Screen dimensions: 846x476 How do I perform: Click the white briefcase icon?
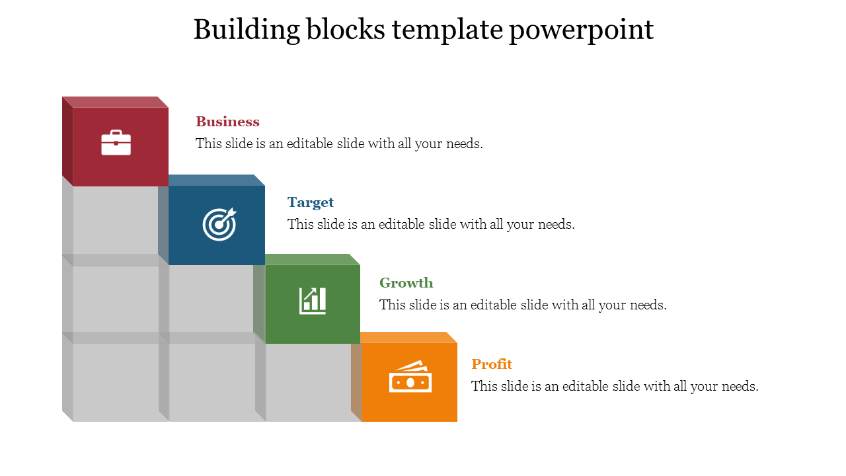point(116,142)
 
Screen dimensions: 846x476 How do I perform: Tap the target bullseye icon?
point(219,224)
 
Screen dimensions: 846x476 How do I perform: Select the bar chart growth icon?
point(313,301)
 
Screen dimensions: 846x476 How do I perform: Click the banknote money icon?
point(410,376)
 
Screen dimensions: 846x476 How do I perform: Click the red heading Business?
point(227,122)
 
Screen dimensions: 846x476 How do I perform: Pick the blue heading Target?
point(311,202)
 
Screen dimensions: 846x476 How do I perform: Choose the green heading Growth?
point(406,283)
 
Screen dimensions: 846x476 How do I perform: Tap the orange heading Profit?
point(492,364)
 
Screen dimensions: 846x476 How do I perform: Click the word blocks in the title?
point(346,29)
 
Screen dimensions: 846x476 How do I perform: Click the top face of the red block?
point(115,102)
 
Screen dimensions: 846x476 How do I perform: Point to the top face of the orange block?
point(408,337)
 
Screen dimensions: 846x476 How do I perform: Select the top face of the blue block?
point(216,180)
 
